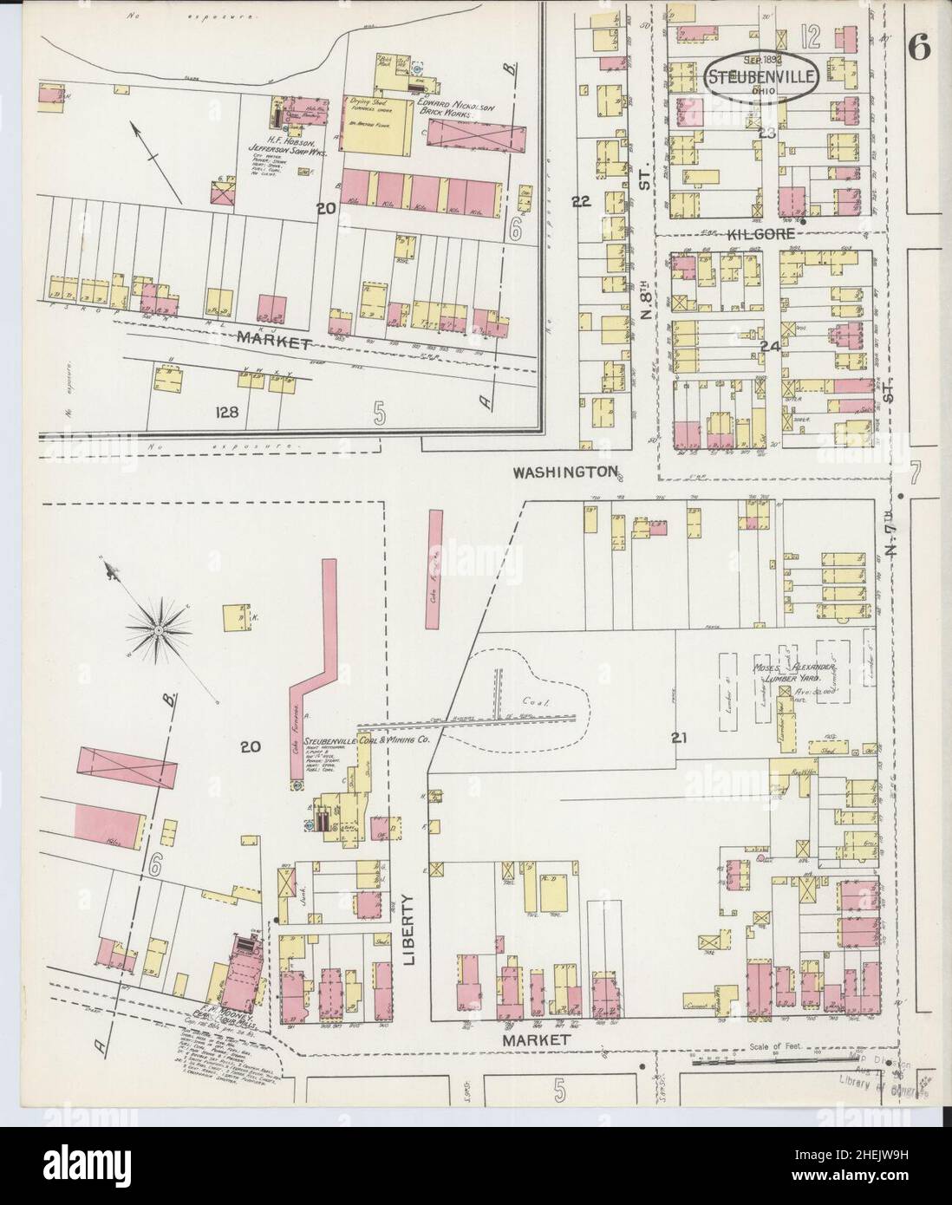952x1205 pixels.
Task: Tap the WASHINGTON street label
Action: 564,472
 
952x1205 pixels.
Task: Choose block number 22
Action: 581,201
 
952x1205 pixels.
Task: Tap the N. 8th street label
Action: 646,321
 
